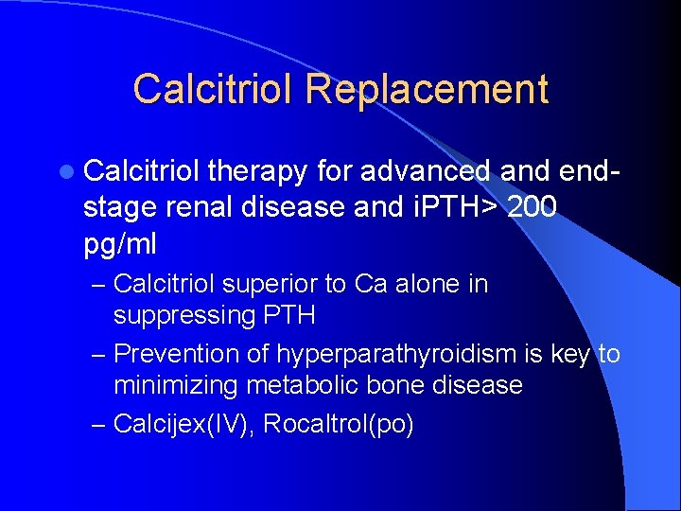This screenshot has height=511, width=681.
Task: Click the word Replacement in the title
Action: click(x=427, y=89)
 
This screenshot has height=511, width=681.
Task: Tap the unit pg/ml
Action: click(x=120, y=244)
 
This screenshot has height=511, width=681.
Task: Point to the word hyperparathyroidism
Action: click(x=397, y=354)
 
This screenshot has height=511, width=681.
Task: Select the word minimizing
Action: click(x=177, y=385)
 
